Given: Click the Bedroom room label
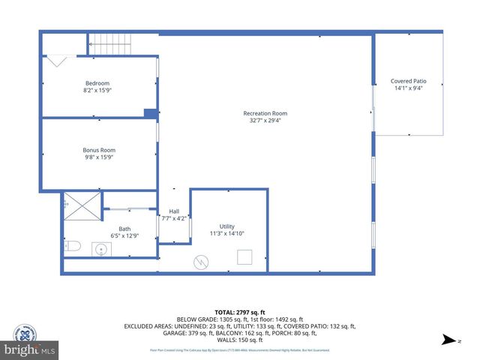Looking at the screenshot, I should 97,83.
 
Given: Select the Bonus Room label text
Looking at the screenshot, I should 98,150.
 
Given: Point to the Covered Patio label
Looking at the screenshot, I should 409,81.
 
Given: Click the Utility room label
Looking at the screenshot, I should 227,226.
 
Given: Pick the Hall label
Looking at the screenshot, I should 174,211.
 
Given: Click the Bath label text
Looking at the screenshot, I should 124,229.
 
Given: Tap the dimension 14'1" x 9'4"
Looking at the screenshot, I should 409,88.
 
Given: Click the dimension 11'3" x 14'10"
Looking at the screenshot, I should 227,233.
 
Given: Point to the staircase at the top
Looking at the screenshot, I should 110,43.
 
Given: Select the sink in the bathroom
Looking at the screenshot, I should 102,249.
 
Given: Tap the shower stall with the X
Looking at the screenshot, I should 82,204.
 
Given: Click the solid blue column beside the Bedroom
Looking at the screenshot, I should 151,113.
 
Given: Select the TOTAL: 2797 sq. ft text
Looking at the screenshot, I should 239,312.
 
